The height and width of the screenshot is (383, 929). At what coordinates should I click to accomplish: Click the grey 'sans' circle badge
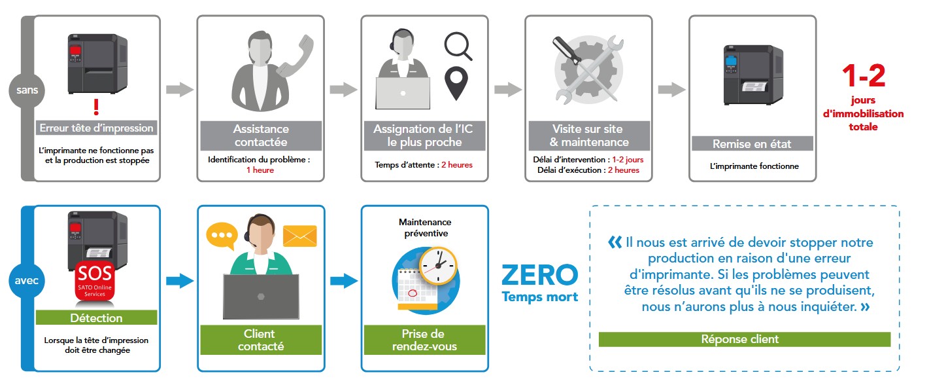point(22,91)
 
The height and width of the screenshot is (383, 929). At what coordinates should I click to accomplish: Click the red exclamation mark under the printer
point(96,106)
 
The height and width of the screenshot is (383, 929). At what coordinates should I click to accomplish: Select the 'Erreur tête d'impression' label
point(96,128)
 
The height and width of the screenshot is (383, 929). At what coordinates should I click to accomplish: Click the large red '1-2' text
point(863,76)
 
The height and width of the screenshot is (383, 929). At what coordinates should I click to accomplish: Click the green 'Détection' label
point(96,318)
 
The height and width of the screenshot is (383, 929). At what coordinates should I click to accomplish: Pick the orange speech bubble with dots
point(220,236)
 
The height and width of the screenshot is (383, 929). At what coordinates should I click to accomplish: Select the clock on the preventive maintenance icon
point(437,266)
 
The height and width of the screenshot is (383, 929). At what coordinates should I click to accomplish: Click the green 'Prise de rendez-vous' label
point(424,340)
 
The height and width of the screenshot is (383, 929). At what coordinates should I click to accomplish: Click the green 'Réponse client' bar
point(744,339)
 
